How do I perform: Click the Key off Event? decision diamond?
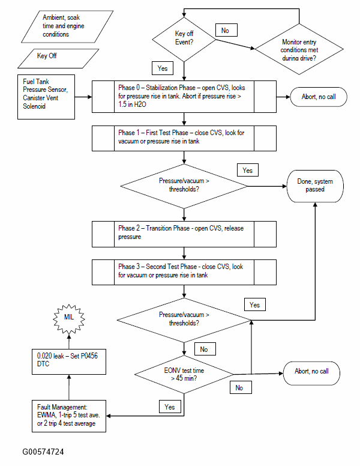184,39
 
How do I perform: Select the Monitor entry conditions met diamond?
299,49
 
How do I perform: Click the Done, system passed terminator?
315,186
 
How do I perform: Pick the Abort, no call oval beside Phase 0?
319,97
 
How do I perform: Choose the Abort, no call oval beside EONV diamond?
311,373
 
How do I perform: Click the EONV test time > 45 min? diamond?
184,375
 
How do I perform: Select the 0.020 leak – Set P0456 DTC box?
69,362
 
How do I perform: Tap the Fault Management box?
69,416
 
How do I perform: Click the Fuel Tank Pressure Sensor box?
46,97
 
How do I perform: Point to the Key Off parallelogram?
58,58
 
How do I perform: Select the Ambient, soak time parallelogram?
67,27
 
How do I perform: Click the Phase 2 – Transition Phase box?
184,234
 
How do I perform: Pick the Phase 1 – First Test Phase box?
184,139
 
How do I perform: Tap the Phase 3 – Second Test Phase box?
184,272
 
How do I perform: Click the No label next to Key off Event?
226,30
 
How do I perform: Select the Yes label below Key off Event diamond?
163,68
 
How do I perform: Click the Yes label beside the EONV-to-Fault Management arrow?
170,407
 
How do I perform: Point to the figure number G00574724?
43,452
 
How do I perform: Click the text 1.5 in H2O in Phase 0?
132,104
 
